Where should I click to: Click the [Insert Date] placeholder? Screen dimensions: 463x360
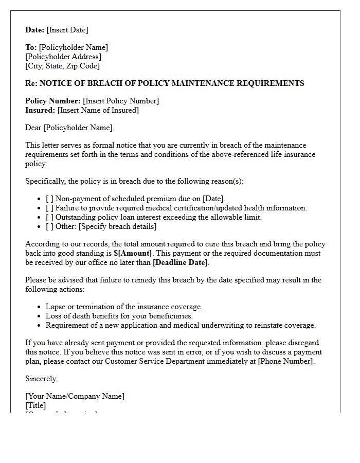pyautogui.click(x=67, y=30)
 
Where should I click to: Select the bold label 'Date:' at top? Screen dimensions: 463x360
pyautogui.click(x=35, y=30)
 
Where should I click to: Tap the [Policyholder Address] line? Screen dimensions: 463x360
pyautogui.click(x=63, y=57)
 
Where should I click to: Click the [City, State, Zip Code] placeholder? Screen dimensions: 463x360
pyautogui.click(x=63, y=66)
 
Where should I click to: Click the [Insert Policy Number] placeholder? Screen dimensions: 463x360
pyautogui.click(x=121, y=101)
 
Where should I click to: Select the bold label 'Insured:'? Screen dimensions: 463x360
pyautogui.click(x=40, y=110)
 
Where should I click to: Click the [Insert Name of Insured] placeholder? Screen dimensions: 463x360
pyautogui.click(x=98, y=110)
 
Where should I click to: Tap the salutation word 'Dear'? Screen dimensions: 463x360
pyautogui.click(x=33, y=128)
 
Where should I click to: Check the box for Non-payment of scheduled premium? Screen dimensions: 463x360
pyautogui.click(x=49, y=199)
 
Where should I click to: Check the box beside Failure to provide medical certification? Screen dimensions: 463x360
pyautogui.click(x=49, y=208)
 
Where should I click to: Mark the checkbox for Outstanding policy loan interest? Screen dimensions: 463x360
pyautogui.click(x=49, y=217)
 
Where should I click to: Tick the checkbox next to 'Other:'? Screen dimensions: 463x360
pyautogui.click(x=49, y=226)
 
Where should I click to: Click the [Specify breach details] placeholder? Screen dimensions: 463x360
pyautogui.click(x=118, y=226)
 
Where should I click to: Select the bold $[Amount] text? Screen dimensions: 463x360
pyautogui.click(x=133, y=253)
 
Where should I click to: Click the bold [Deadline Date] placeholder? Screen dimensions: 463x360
pyautogui.click(x=180, y=262)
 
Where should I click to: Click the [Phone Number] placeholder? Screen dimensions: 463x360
pyautogui.click(x=285, y=361)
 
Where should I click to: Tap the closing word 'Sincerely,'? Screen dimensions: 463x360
pyautogui.click(x=42, y=379)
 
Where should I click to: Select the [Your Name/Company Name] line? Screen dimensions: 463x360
pyautogui.click(x=75, y=396)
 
